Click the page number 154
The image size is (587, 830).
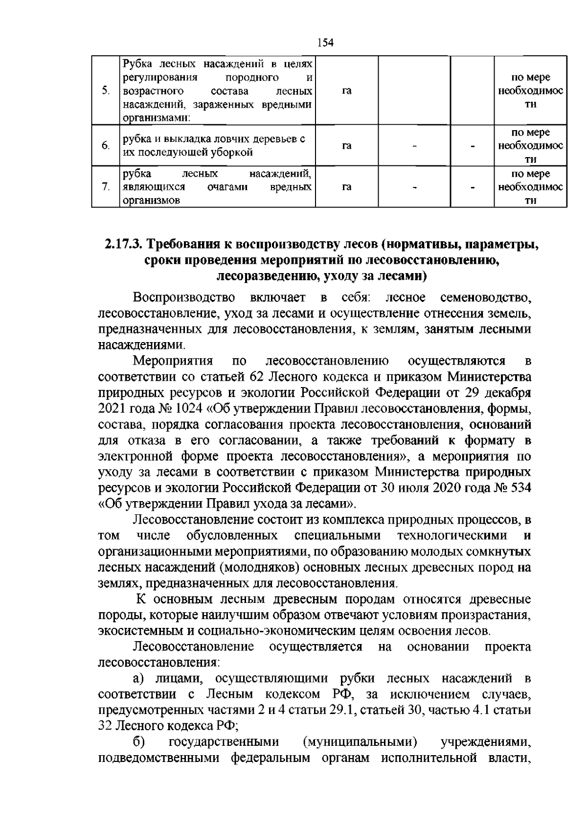click(x=325, y=43)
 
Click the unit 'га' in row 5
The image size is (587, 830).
click(x=347, y=91)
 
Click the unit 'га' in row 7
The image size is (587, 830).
click(x=347, y=187)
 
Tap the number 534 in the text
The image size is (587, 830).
click(x=519, y=488)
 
